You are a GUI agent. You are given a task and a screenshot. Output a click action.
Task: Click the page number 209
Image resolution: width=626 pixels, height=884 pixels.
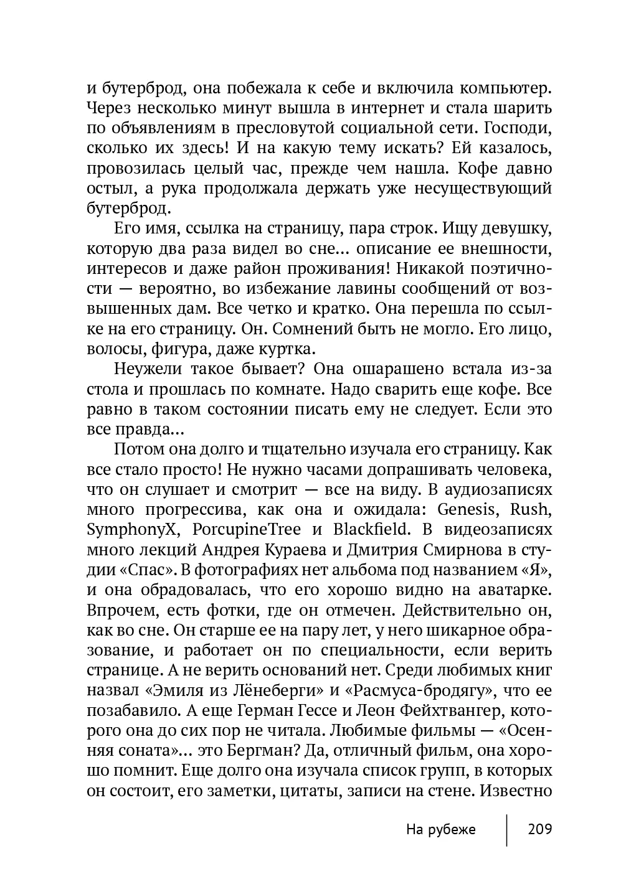click(539, 829)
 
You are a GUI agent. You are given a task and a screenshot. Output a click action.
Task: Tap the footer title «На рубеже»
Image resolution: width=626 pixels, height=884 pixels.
click(440, 829)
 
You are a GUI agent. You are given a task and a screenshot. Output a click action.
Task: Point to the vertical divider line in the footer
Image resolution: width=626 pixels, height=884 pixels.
click(506, 829)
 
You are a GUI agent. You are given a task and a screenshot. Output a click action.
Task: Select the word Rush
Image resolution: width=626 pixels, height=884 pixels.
click(531, 510)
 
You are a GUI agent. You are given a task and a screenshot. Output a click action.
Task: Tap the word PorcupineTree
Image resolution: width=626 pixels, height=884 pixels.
click(247, 530)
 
